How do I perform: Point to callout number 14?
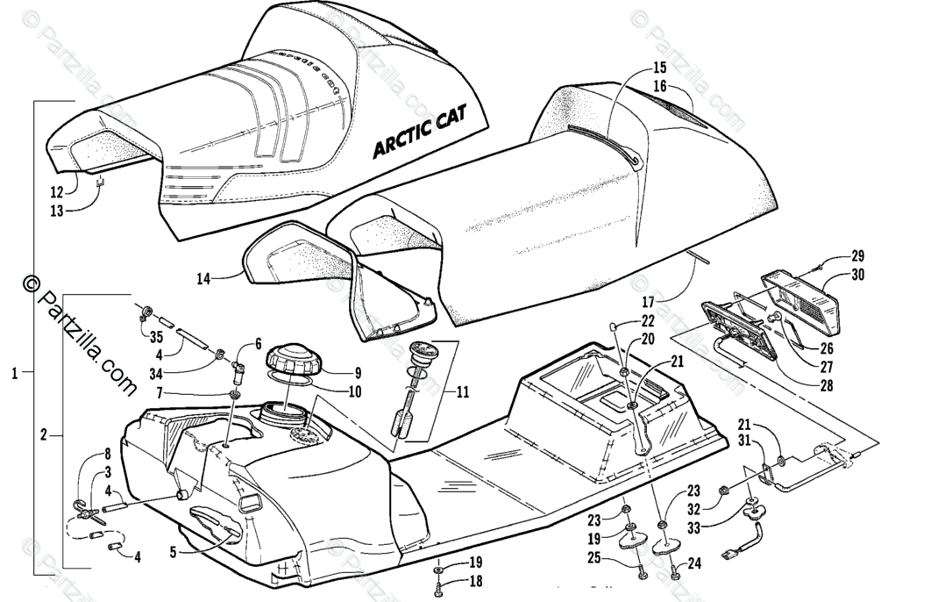click(x=203, y=279)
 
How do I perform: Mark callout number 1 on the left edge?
click(x=14, y=373)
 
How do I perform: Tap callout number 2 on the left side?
click(x=44, y=434)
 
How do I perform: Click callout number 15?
click(x=659, y=68)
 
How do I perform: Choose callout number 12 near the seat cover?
click(x=55, y=190)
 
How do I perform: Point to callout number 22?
click(x=648, y=320)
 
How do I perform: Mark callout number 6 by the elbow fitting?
click(x=258, y=343)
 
